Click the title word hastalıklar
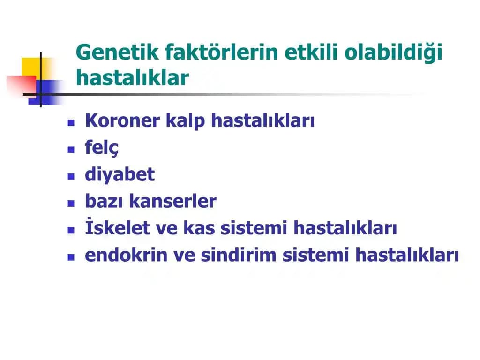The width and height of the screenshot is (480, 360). click(132, 78)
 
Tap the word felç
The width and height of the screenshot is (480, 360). click(102, 148)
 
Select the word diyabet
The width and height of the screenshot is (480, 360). click(120, 175)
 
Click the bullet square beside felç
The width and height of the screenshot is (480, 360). click(71, 150)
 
